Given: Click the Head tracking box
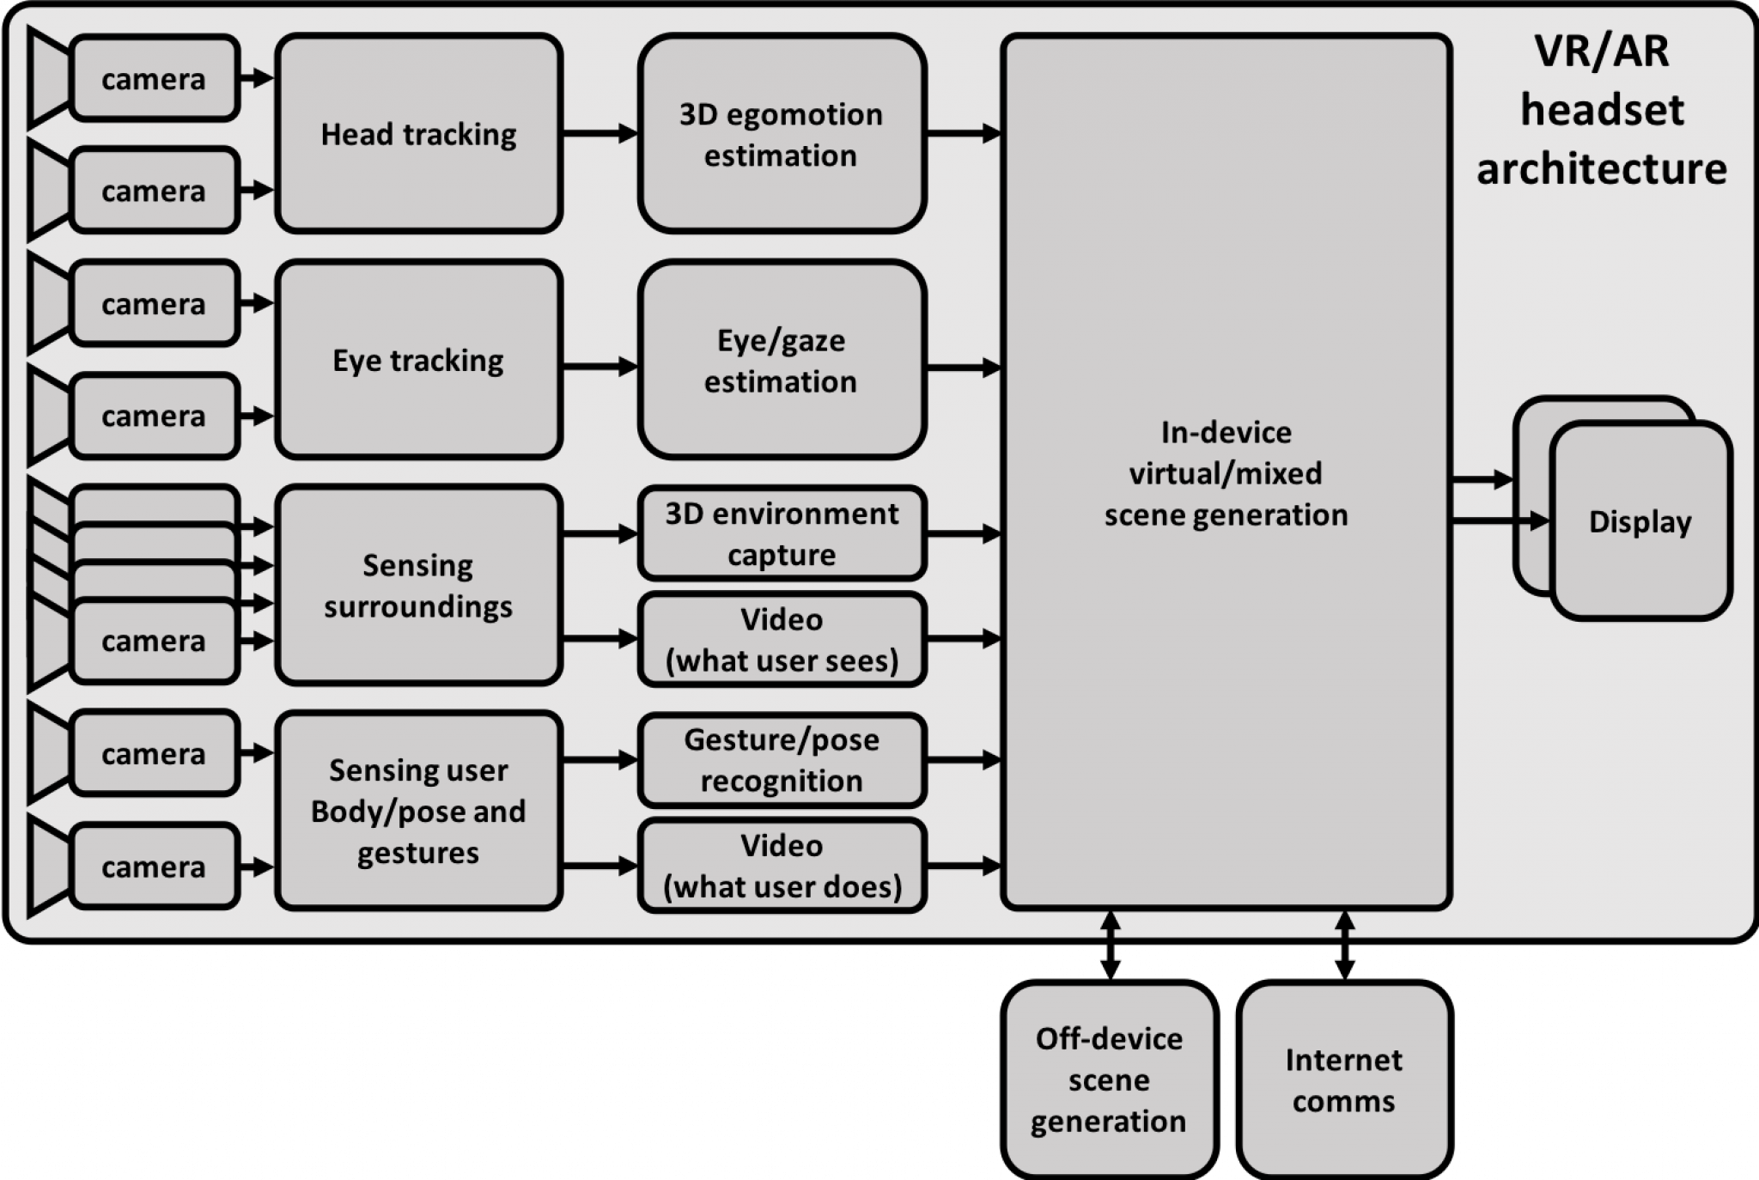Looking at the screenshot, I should (418, 133).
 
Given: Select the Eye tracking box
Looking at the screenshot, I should (418, 360).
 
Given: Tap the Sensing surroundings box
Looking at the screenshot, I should (418, 586).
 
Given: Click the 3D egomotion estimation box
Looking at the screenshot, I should (781, 133).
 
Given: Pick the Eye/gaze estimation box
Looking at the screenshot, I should (781, 360).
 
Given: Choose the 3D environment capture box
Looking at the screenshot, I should (781, 533).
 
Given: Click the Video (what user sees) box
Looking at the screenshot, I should (781, 640).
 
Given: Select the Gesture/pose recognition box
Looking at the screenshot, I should (781, 760).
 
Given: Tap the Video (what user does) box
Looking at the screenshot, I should (781, 866).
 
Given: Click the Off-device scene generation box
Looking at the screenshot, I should (1109, 1080).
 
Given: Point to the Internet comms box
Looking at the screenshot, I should (1344, 1080).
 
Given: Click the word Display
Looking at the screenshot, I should (1640, 521).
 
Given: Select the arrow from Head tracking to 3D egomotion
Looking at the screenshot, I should (600, 133).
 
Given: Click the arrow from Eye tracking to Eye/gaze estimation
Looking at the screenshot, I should (600, 367).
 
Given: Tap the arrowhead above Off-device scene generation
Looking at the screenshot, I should (1110, 922).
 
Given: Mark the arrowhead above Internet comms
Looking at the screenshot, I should (1345, 922).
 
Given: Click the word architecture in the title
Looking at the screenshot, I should (1601, 168).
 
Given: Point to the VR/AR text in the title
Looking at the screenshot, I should (1601, 51).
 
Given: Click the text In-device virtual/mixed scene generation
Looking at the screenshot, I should (1226, 473).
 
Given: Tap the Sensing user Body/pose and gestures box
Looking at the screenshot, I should (418, 811).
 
